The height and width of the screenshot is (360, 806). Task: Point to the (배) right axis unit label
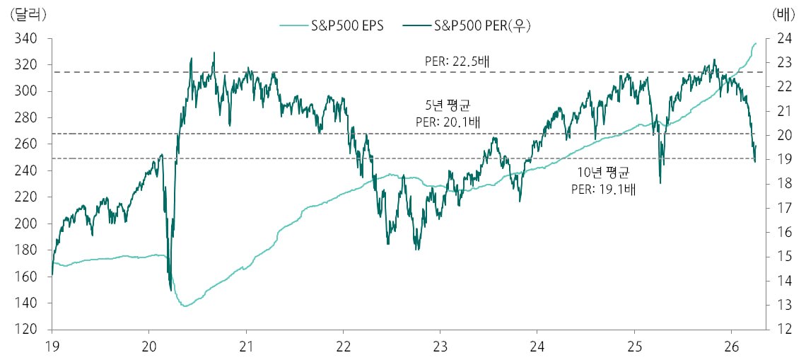coord(784,14)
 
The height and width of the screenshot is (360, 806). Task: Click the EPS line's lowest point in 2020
coord(185,306)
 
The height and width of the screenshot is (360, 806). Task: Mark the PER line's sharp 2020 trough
coord(171,289)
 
